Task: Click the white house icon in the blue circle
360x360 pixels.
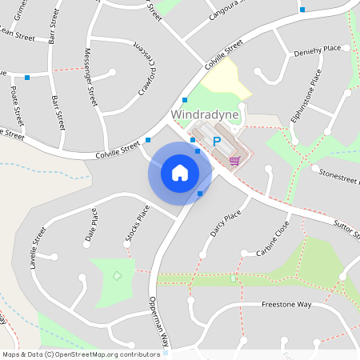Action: (179, 172)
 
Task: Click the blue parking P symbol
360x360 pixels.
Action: (216, 142)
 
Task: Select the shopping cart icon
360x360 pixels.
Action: (234, 160)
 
